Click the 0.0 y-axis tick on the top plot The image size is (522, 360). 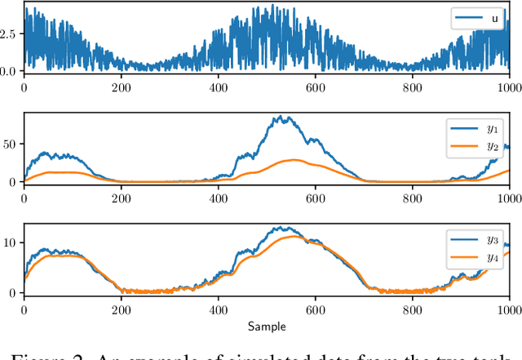point(9,71)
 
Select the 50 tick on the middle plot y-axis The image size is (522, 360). point(11,144)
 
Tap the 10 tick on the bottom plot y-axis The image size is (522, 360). point(11,242)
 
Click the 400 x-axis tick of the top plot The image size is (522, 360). point(218,87)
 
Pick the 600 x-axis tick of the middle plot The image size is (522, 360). point(315,198)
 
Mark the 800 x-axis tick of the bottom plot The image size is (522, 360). point(413,309)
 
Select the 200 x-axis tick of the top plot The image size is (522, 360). point(121,87)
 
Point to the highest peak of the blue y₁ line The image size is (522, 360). point(281,116)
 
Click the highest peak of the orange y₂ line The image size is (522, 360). point(294,160)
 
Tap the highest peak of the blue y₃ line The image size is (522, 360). point(281,227)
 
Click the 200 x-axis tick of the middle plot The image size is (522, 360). point(121,198)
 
